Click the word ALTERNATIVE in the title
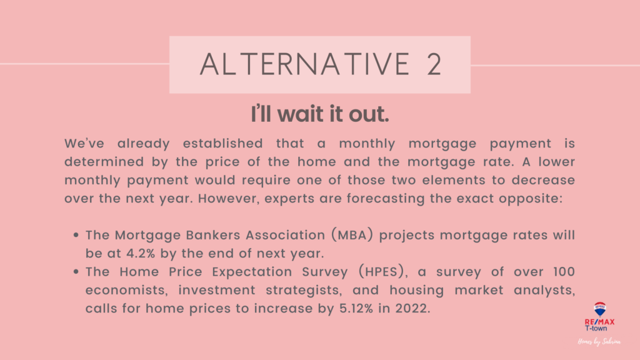coord(304,64)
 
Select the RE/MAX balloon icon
coord(599,309)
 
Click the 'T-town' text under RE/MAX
coord(596,328)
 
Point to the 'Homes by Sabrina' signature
coord(599,342)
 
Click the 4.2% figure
coord(141,254)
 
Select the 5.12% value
coord(356,308)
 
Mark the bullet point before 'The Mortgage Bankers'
coord(76,235)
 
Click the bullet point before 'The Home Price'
coord(76,272)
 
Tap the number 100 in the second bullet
coord(564,272)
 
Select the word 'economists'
coord(127,290)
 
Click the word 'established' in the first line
coord(223,144)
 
